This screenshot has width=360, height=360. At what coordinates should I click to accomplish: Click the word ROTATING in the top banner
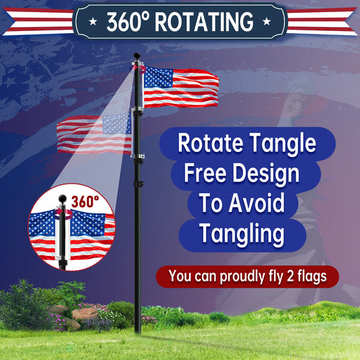pos(205,22)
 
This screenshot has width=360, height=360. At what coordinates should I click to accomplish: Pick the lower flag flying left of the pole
pos(95,133)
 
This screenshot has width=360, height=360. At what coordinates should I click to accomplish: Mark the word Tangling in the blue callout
pos(240,234)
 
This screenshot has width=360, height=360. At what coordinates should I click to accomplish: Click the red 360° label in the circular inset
pos(84,201)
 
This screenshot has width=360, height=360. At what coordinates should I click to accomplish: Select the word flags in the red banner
pos(315,276)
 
